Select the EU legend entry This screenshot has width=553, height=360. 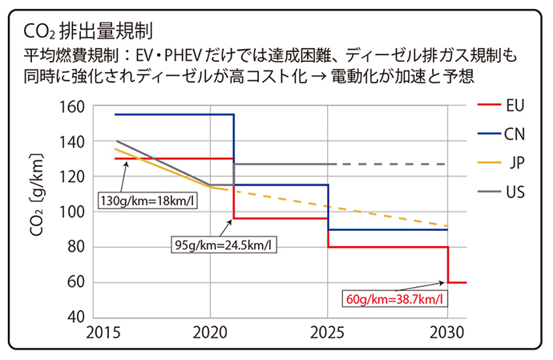515,105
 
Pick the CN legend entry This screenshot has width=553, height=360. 515,134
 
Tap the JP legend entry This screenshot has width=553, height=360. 517,163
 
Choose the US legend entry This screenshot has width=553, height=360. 515,192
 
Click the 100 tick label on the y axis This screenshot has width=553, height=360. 71,212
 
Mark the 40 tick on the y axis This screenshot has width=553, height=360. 75,318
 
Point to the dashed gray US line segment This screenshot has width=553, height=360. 393,164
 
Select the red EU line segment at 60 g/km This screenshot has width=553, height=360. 457,282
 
